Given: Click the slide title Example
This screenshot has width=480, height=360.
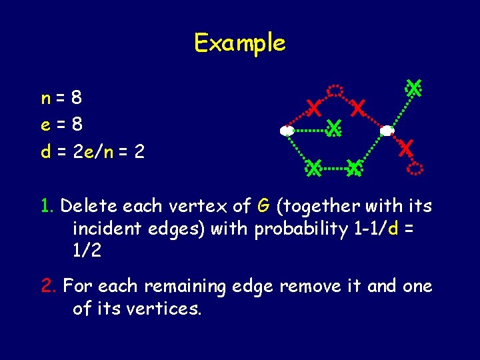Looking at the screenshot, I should [x=239, y=43].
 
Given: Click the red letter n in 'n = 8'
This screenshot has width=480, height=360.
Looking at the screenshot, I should [x=45, y=99].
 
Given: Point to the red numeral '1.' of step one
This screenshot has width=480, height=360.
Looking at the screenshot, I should [x=48, y=205].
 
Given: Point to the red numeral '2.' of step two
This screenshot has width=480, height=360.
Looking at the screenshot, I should [x=49, y=287].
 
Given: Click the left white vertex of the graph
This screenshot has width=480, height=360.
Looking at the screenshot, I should [x=287, y=131].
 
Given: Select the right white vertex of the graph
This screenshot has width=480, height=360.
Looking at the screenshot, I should [x=386, y=131].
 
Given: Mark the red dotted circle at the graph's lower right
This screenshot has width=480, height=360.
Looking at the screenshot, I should [x=415, y=168].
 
